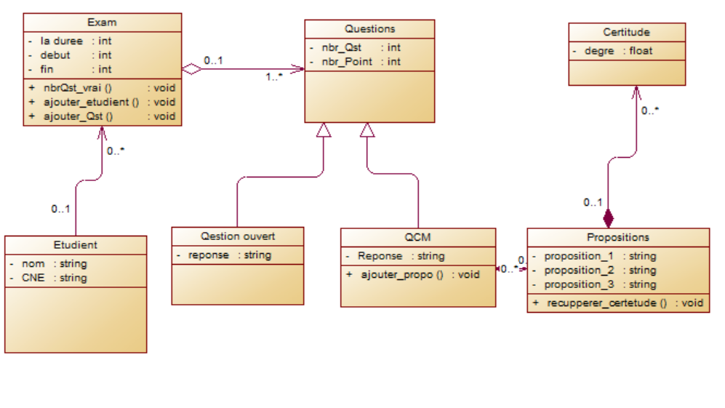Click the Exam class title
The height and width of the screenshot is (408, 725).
point(102,23)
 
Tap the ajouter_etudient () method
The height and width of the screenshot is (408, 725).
point(91,103)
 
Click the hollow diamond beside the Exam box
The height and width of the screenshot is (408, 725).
point(191,69)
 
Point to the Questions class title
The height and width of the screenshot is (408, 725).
point(369,29)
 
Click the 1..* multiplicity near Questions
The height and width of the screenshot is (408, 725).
point(273,76)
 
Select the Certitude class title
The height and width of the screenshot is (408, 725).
point(626,32)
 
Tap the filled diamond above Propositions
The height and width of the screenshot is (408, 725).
point(608,217)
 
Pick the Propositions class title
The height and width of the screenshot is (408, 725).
point(618,237)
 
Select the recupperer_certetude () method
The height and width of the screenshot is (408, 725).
point(606,303)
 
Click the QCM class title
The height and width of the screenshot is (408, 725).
point(418,237)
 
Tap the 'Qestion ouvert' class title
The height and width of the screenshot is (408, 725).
point(238,236)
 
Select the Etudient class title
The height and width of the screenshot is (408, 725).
point(75,245)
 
